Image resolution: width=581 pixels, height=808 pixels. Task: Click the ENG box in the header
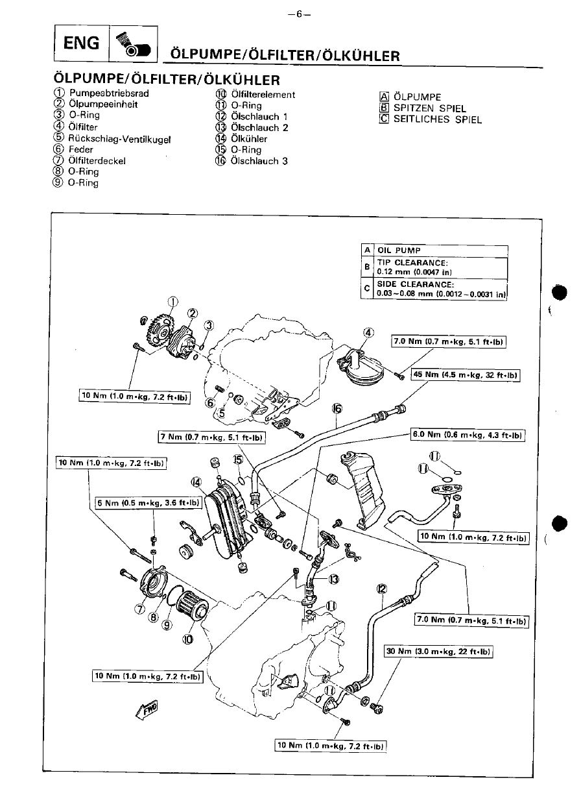82,43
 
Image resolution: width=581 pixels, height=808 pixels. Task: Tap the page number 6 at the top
299,14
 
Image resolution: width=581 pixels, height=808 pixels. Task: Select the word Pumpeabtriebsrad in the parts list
109,93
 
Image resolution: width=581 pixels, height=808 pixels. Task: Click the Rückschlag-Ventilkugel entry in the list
119,139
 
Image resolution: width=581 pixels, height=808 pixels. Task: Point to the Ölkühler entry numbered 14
249,139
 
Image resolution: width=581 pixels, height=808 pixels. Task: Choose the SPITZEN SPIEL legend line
430,108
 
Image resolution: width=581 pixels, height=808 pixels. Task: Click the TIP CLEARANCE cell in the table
440,267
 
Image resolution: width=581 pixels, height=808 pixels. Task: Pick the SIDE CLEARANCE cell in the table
440,289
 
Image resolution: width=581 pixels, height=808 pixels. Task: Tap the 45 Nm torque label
466,374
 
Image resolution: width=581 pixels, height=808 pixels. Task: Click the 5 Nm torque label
148,503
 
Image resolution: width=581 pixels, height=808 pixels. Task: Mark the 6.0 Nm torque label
468,435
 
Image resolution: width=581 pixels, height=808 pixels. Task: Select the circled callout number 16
337,409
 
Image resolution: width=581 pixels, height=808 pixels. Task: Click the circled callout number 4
368,332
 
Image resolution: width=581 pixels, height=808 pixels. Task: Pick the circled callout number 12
382,589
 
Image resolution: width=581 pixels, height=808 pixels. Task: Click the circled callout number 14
196,482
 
